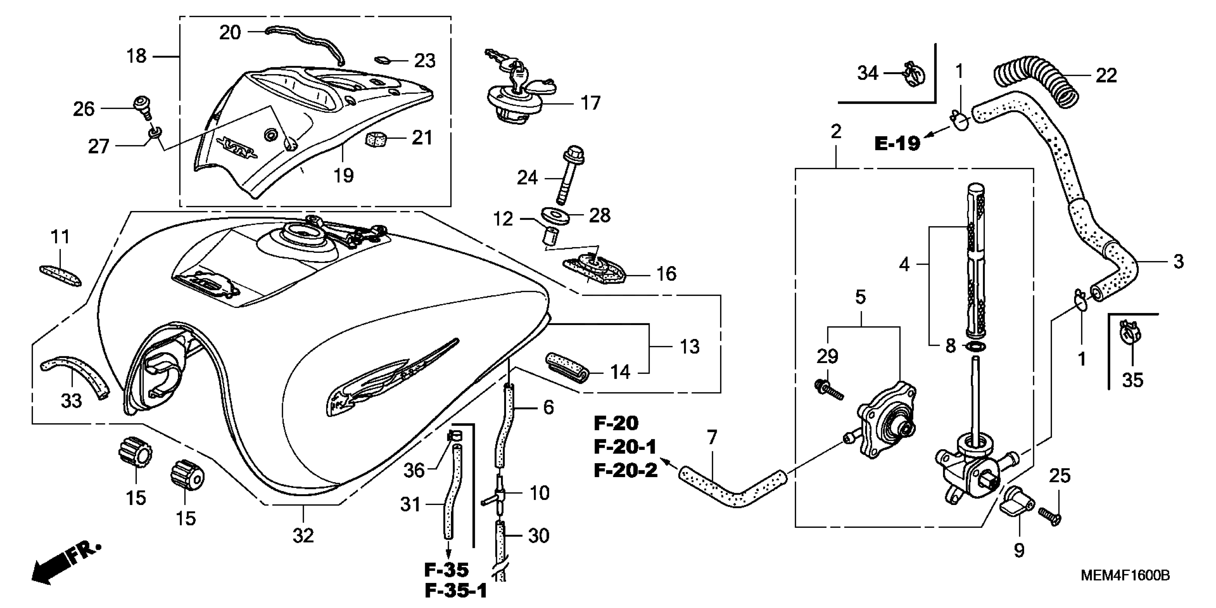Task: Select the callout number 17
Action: [590, 103]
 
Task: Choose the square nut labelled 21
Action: [376, 139]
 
